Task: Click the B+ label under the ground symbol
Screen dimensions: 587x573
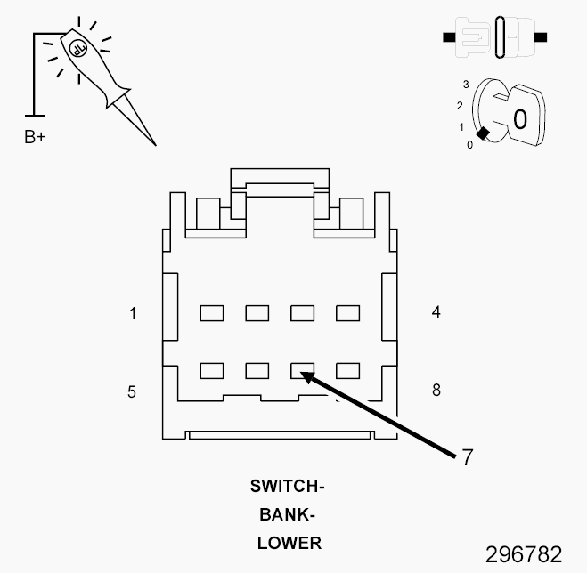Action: coord(35,137)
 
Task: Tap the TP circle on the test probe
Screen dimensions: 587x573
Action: coord(78,48)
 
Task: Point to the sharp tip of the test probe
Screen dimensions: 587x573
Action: coord(155,145)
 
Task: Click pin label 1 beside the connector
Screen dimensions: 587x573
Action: coord(133,313)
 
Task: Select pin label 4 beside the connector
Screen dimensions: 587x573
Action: coord(436,312)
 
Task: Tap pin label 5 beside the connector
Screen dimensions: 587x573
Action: coord(132,392)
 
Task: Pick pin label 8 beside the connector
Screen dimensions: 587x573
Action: coord(436,390)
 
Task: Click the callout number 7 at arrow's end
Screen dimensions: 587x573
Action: coord(468,457)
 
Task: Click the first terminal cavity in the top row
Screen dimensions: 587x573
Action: coord(212,313)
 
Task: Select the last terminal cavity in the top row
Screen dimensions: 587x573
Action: coord(347,313)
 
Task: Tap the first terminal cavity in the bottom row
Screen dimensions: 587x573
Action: coord(212,371)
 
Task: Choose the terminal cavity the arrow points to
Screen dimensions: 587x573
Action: coord(303,371)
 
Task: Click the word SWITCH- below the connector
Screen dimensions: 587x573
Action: coord(287,486)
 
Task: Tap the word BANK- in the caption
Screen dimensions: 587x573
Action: coord(287,514)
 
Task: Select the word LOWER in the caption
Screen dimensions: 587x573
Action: coord(289,543)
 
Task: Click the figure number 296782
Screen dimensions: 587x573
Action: coord(524,554)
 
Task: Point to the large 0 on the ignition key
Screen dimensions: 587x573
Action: coord(520,120)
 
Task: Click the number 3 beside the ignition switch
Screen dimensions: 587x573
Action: coord(466,85)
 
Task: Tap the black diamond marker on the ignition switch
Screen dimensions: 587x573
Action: coord(483,133)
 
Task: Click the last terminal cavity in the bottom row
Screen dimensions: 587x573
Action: coord(347,371)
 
